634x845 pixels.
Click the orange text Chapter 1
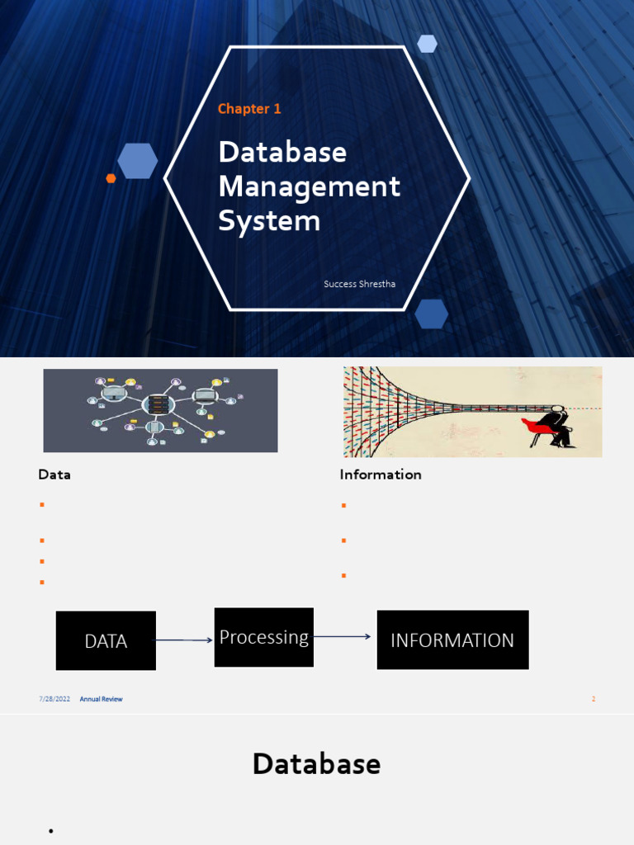tap(249, 109)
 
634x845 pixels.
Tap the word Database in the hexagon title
tap(282, 152)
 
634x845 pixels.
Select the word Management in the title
tap(309, 186)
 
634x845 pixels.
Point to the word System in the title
tap(269, 221)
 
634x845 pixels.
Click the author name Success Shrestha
tap(359, 284)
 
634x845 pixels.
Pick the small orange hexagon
tap(111, 178)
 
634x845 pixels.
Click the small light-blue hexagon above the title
tap(427, 44)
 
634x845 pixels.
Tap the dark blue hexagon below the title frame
tap(431, 314)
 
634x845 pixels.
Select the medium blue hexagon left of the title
tap(137, 161)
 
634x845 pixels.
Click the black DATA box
tap(106, 640)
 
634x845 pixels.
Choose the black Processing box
tap(263, 637)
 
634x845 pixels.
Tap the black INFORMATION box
tap(452, 640)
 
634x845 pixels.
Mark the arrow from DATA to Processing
tap(184, 640)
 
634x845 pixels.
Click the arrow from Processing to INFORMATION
tap(343, 636)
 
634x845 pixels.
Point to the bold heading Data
tap(54, 474)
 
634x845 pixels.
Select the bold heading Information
tap(381, 474)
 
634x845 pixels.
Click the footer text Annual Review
tap(101, 699)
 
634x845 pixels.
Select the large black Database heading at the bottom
tap(316, 764)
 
